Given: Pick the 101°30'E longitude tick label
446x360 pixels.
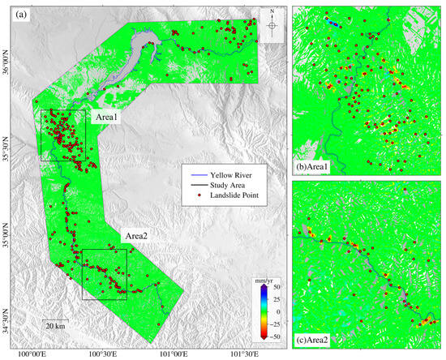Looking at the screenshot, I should pos(246,354).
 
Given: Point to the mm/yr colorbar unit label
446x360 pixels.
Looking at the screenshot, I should pos(262,279).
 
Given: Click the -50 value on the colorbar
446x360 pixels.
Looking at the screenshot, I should pos(277,335).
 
